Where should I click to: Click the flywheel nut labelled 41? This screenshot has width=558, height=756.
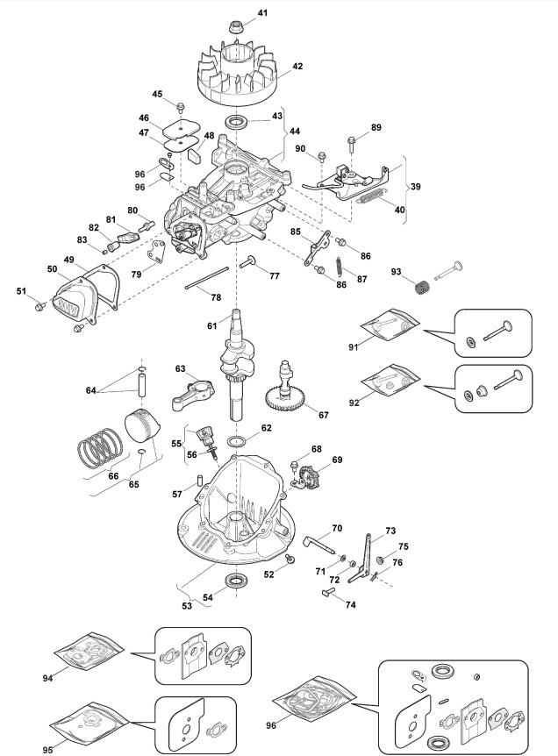(x=236, y=25)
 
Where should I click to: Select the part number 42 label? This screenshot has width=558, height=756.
(x=297, y=66)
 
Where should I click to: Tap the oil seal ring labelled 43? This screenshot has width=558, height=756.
(x=237, y=122)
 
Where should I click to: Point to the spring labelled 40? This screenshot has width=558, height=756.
(x=371, y=196)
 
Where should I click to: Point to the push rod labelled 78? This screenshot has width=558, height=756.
(x=206, y=278)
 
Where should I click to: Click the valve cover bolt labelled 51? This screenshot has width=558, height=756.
(x=39, y=306)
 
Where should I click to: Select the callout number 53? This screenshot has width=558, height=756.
(x=187, y=605)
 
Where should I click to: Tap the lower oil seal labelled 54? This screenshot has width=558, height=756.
(x=237, y=581)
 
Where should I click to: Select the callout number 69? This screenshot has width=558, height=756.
(x=337, y=460)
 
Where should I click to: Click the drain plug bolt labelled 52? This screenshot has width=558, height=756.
(x=290, y=559)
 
